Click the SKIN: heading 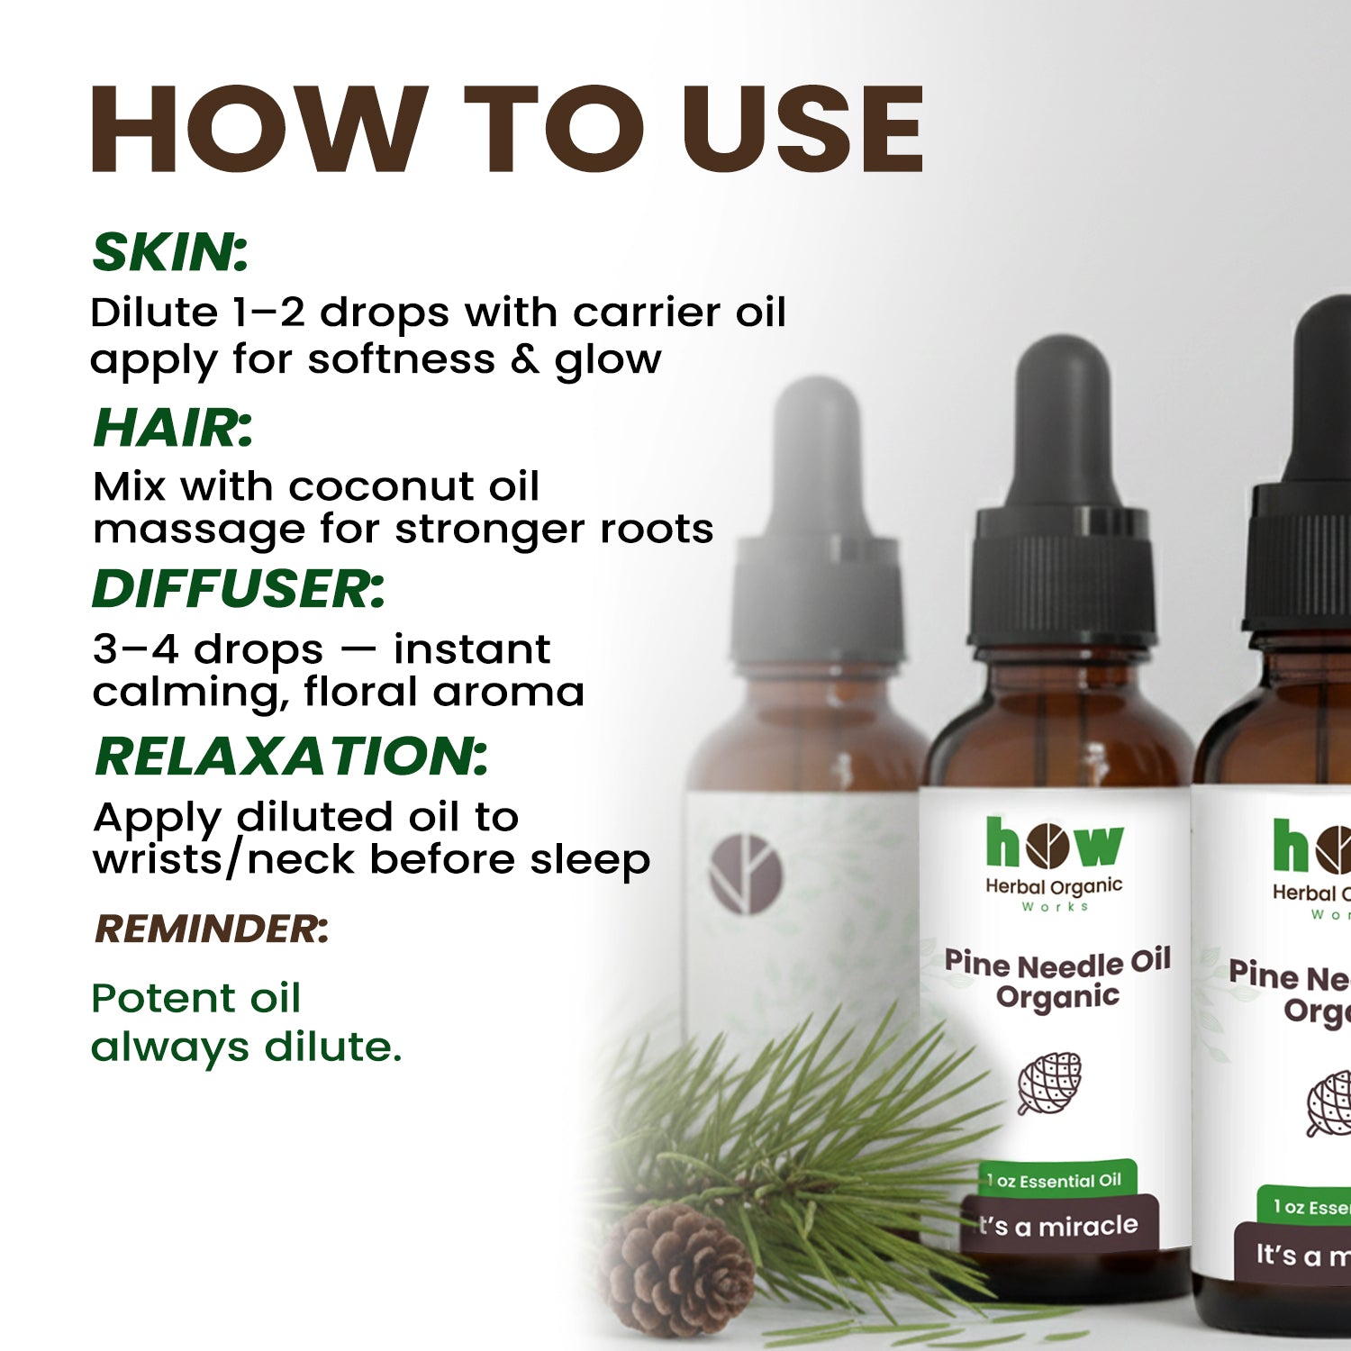coord(170,252)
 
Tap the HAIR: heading coord(173,428)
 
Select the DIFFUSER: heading coord(239,589)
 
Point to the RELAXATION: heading coord(291,756)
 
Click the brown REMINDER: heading coord(212,929)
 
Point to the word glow coord(608,359)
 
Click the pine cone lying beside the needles coord(677,1270)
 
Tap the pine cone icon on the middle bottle coord(1049,1082)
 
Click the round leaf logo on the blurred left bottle coord(746,873)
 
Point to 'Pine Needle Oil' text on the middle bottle coord(1057,963)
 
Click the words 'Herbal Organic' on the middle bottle coord(1054,886)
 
